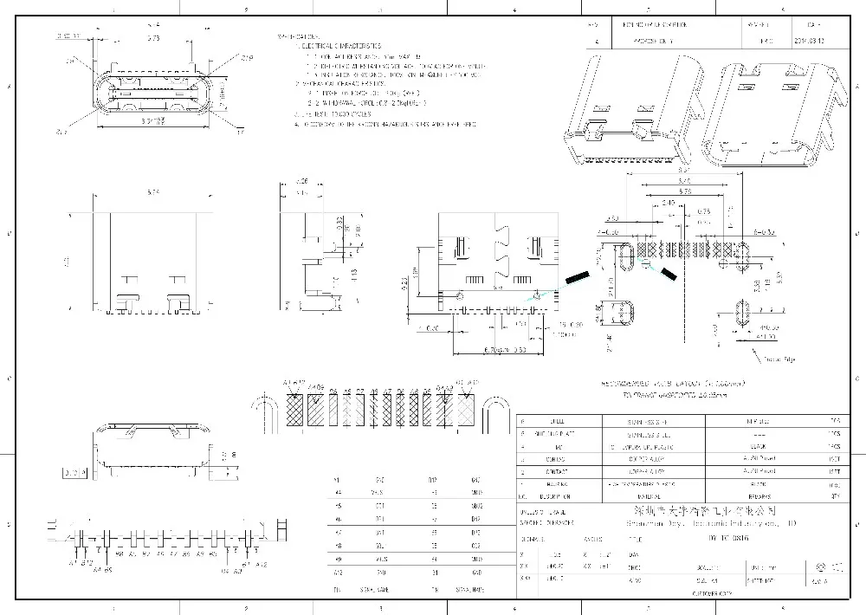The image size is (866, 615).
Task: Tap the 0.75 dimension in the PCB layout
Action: (x=703, y=211)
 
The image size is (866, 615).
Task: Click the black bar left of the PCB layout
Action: (x=575, y=278)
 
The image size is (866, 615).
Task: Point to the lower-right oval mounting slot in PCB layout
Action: (x=742, y=313)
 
